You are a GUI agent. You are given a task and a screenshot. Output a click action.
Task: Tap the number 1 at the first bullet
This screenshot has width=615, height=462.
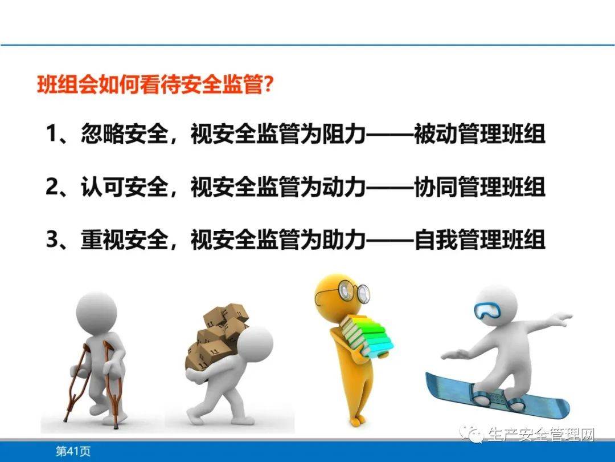point(52,135)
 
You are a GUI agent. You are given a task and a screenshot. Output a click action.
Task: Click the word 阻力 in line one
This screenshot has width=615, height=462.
point(343,135)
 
